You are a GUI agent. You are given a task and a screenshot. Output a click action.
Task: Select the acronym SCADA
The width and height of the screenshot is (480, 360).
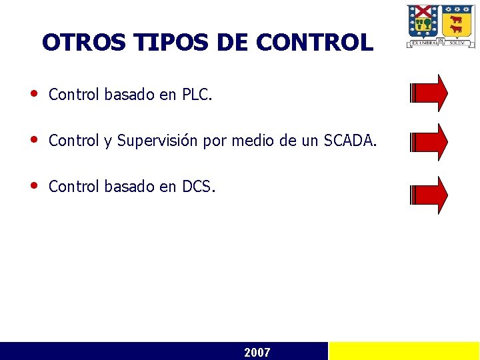coord(349,141)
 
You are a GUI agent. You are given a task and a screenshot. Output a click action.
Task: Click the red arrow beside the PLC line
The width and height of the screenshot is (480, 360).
coord(429,93)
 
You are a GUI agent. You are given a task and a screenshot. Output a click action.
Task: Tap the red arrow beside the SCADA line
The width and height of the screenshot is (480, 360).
coord(429,141)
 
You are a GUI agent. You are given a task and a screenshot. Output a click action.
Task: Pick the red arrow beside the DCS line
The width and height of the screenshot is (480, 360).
coord(429,195)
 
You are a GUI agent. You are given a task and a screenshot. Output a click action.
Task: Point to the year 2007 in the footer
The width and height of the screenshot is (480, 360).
coord(257,352)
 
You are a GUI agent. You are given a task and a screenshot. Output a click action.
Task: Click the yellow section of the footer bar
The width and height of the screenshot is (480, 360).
coord(404,351)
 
